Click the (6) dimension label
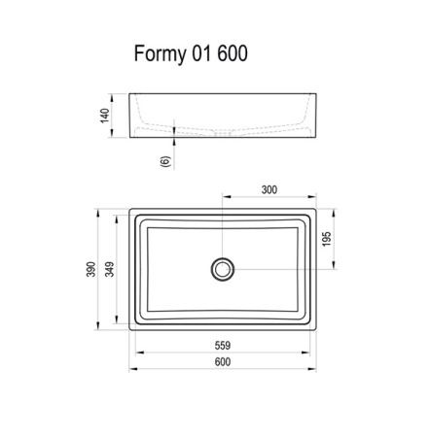164,161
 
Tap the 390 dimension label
89,269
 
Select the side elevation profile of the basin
222,117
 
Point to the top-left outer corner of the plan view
128,206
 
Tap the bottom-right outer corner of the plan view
318,331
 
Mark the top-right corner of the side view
318,94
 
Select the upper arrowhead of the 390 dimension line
99,209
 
